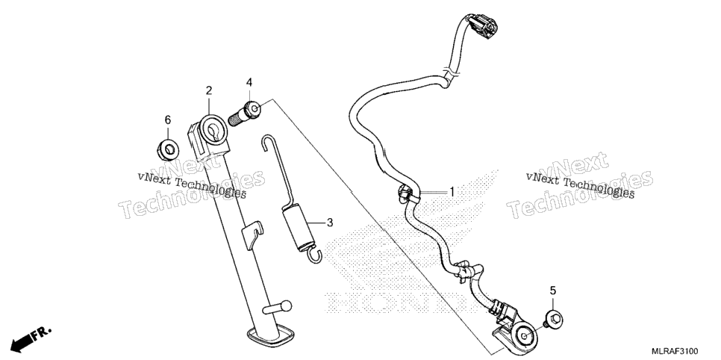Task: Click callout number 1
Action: tap(452, 191)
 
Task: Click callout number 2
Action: tap(209, 90)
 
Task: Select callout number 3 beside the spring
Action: tap(330, 223)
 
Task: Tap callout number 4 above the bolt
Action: tap(249, 82)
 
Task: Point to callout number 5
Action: tap(553, 290)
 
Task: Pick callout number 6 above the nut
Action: tap(168, 120)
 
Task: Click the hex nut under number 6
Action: tap(168, 148)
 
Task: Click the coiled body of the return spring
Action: tap(299, 229)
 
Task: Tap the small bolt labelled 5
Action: tap(554, 319)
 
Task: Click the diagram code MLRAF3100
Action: tap(673, 352)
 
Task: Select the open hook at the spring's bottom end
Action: tap(314, 255)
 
